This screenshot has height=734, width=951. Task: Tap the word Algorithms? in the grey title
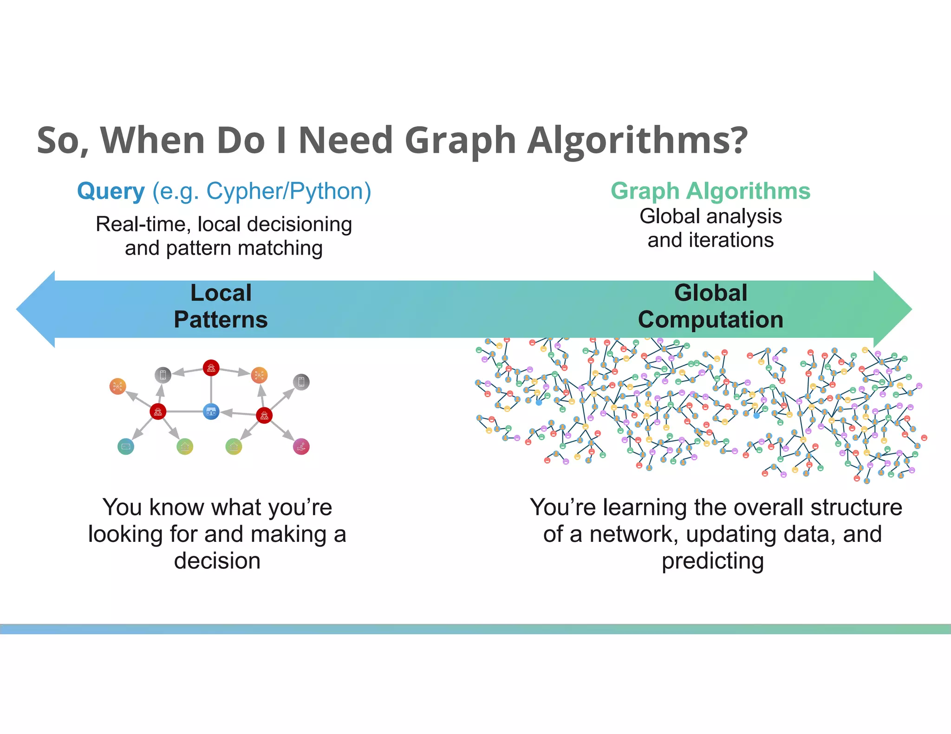pos(637,140)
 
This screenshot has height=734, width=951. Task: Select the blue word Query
pos(111,191)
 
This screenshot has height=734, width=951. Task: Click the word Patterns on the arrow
pos(221,320)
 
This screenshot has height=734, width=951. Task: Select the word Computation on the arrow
pos(710,320)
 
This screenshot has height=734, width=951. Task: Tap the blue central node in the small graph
pos(211,412)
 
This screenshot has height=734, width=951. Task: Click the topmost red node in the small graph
pos(211,368)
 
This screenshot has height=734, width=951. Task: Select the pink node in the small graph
pos(301,446)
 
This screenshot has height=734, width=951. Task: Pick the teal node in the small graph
pos(126,446)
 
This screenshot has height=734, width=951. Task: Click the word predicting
pos(712,561)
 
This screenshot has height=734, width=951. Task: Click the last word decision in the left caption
pos(217,561)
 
